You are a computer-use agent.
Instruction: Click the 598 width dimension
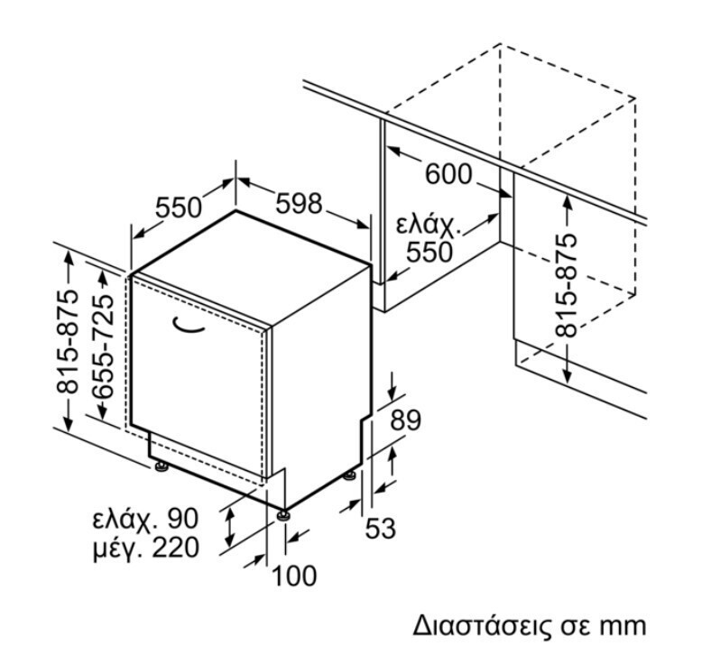299,205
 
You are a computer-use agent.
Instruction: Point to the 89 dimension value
406,420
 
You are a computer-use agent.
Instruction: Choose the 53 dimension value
381,529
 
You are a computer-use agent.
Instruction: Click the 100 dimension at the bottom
295,575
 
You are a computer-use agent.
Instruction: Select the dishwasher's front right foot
284,515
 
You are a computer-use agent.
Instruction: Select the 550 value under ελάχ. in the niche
429,252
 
